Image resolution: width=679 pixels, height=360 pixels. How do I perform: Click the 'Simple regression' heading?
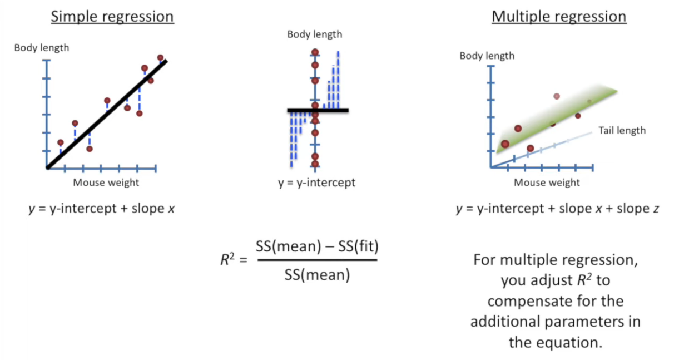(x=112, y=17)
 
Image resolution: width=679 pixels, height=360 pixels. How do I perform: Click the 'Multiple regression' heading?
(x=559, y=17)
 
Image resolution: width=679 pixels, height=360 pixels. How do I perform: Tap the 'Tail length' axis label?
(x=622, y=130)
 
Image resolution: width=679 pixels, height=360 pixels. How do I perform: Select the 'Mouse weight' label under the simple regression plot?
(x=106, y=182)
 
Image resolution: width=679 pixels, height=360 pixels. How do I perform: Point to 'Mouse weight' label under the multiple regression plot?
(x=547, y=182)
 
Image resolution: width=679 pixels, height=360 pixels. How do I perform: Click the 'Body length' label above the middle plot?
(x=315, y=34)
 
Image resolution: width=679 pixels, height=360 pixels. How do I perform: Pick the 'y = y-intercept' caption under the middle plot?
(x=316, y=182)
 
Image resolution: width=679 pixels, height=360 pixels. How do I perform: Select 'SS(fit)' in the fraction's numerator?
(x=358, y=245)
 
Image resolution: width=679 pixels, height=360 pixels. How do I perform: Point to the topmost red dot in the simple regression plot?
(x=161, y=58)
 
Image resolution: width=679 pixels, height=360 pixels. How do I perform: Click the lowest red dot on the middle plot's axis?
(x=315, y=164)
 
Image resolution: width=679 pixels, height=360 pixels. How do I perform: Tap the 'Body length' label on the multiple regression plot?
(x=487, y=56)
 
